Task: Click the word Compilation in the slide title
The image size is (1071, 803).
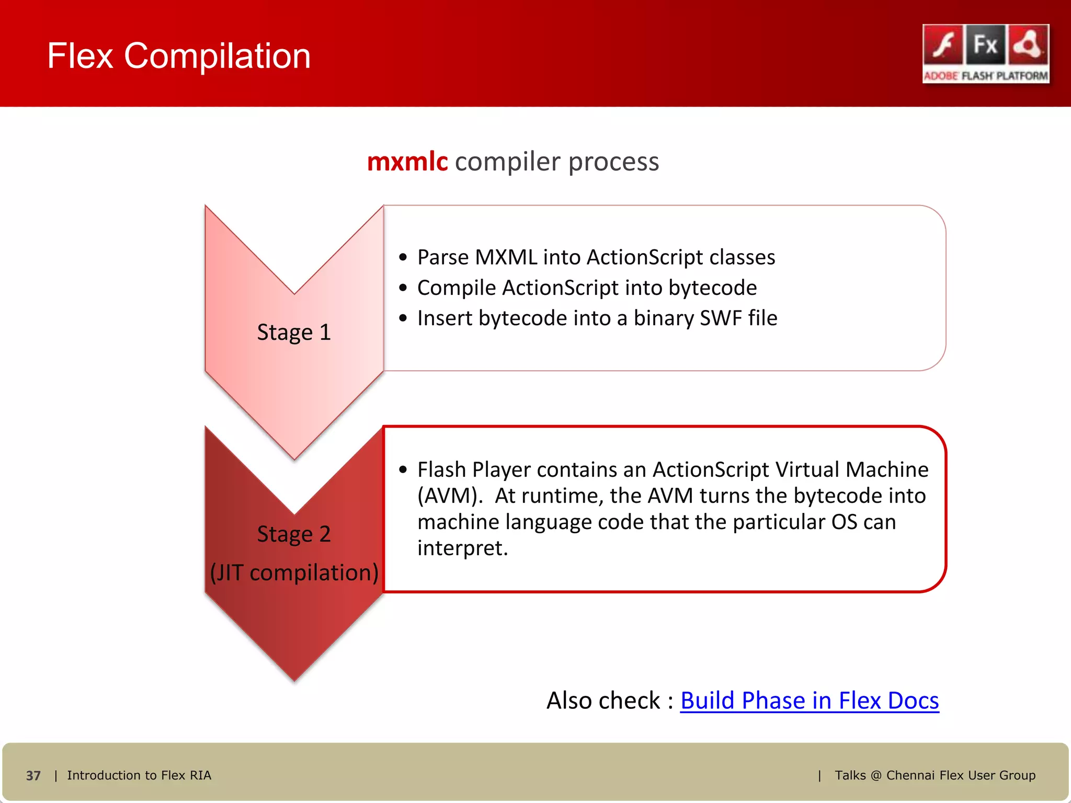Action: tap(217, 56)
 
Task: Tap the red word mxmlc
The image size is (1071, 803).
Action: tap(407, 162)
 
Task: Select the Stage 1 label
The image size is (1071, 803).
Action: tap(294, 332)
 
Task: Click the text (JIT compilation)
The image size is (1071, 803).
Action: tap(294, 572)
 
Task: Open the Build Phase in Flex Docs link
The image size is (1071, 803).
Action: tap(809, 701)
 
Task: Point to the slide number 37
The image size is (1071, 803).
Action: tap(33, 775)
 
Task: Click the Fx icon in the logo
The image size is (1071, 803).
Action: tap(985, 45)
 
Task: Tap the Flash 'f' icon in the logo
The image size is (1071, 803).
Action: tap(943, 45)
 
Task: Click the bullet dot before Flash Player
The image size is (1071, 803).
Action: tap(403, 469)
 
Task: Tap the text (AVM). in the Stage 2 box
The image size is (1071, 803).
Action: tap(450, 496)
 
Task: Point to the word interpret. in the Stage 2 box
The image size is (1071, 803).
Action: tap(462, 548)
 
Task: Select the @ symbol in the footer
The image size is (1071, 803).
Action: tap(876, 775)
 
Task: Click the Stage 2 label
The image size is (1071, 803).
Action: tap(294, 534)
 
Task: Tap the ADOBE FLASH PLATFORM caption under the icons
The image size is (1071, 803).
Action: tap(986, 76)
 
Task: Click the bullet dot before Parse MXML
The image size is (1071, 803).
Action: tap(403, 257)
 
